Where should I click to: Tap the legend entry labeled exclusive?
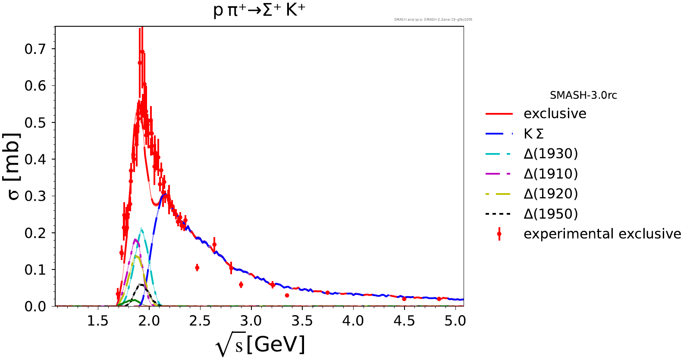[555, 114]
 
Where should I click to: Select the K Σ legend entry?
[533, 134]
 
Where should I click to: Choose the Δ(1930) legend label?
[550, 154]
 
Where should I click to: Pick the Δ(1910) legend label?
[550, 174]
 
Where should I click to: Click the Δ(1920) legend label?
[550, 194]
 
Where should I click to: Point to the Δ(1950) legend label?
[550, 214]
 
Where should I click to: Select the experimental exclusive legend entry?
[602, 234]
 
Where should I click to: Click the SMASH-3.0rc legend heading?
[583, 95]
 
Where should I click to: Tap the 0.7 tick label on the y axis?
[34, 49]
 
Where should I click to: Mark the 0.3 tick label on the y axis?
[34, 196]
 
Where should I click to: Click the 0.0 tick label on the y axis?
[34, 307]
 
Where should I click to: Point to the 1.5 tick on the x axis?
[98, 321]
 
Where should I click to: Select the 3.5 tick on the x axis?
[302, 321]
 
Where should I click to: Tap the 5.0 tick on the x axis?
[455, 321]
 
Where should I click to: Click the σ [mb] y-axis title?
[13, 166]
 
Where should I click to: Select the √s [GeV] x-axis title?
[260, 345]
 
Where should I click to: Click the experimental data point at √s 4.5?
[404, 299]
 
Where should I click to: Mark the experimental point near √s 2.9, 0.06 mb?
[241, 285]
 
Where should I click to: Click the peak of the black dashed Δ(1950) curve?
[140, 285]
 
